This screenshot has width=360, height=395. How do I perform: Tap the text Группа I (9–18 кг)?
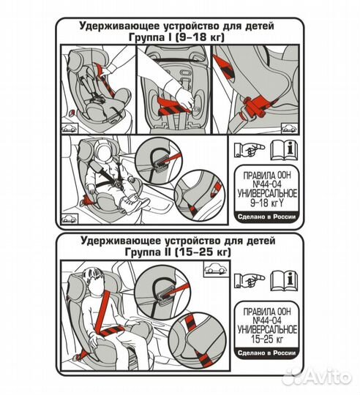click(176, 38)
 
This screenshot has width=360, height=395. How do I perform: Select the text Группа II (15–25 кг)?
click(178, 252)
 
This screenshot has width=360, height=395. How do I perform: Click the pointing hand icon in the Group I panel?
click(250, 150)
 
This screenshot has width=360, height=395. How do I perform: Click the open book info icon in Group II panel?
click(284, 280)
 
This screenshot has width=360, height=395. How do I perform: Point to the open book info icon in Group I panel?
click(284, 151)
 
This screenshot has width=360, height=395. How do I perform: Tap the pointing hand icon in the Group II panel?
click(250, 280)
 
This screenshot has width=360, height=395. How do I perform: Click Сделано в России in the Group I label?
click(266, 217)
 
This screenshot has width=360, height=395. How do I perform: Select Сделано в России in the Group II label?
click(266, 353)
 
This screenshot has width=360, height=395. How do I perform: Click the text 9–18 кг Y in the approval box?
click(267, 203)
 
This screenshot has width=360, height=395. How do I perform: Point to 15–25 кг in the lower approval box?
click(267, 339)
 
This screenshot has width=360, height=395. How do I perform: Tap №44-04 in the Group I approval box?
click(267, 184)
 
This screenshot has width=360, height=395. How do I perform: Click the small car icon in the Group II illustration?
click(217, 269)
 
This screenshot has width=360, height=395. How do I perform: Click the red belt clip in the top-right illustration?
click(255, 106)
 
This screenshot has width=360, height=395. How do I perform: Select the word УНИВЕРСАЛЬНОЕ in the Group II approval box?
click(267, 330)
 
